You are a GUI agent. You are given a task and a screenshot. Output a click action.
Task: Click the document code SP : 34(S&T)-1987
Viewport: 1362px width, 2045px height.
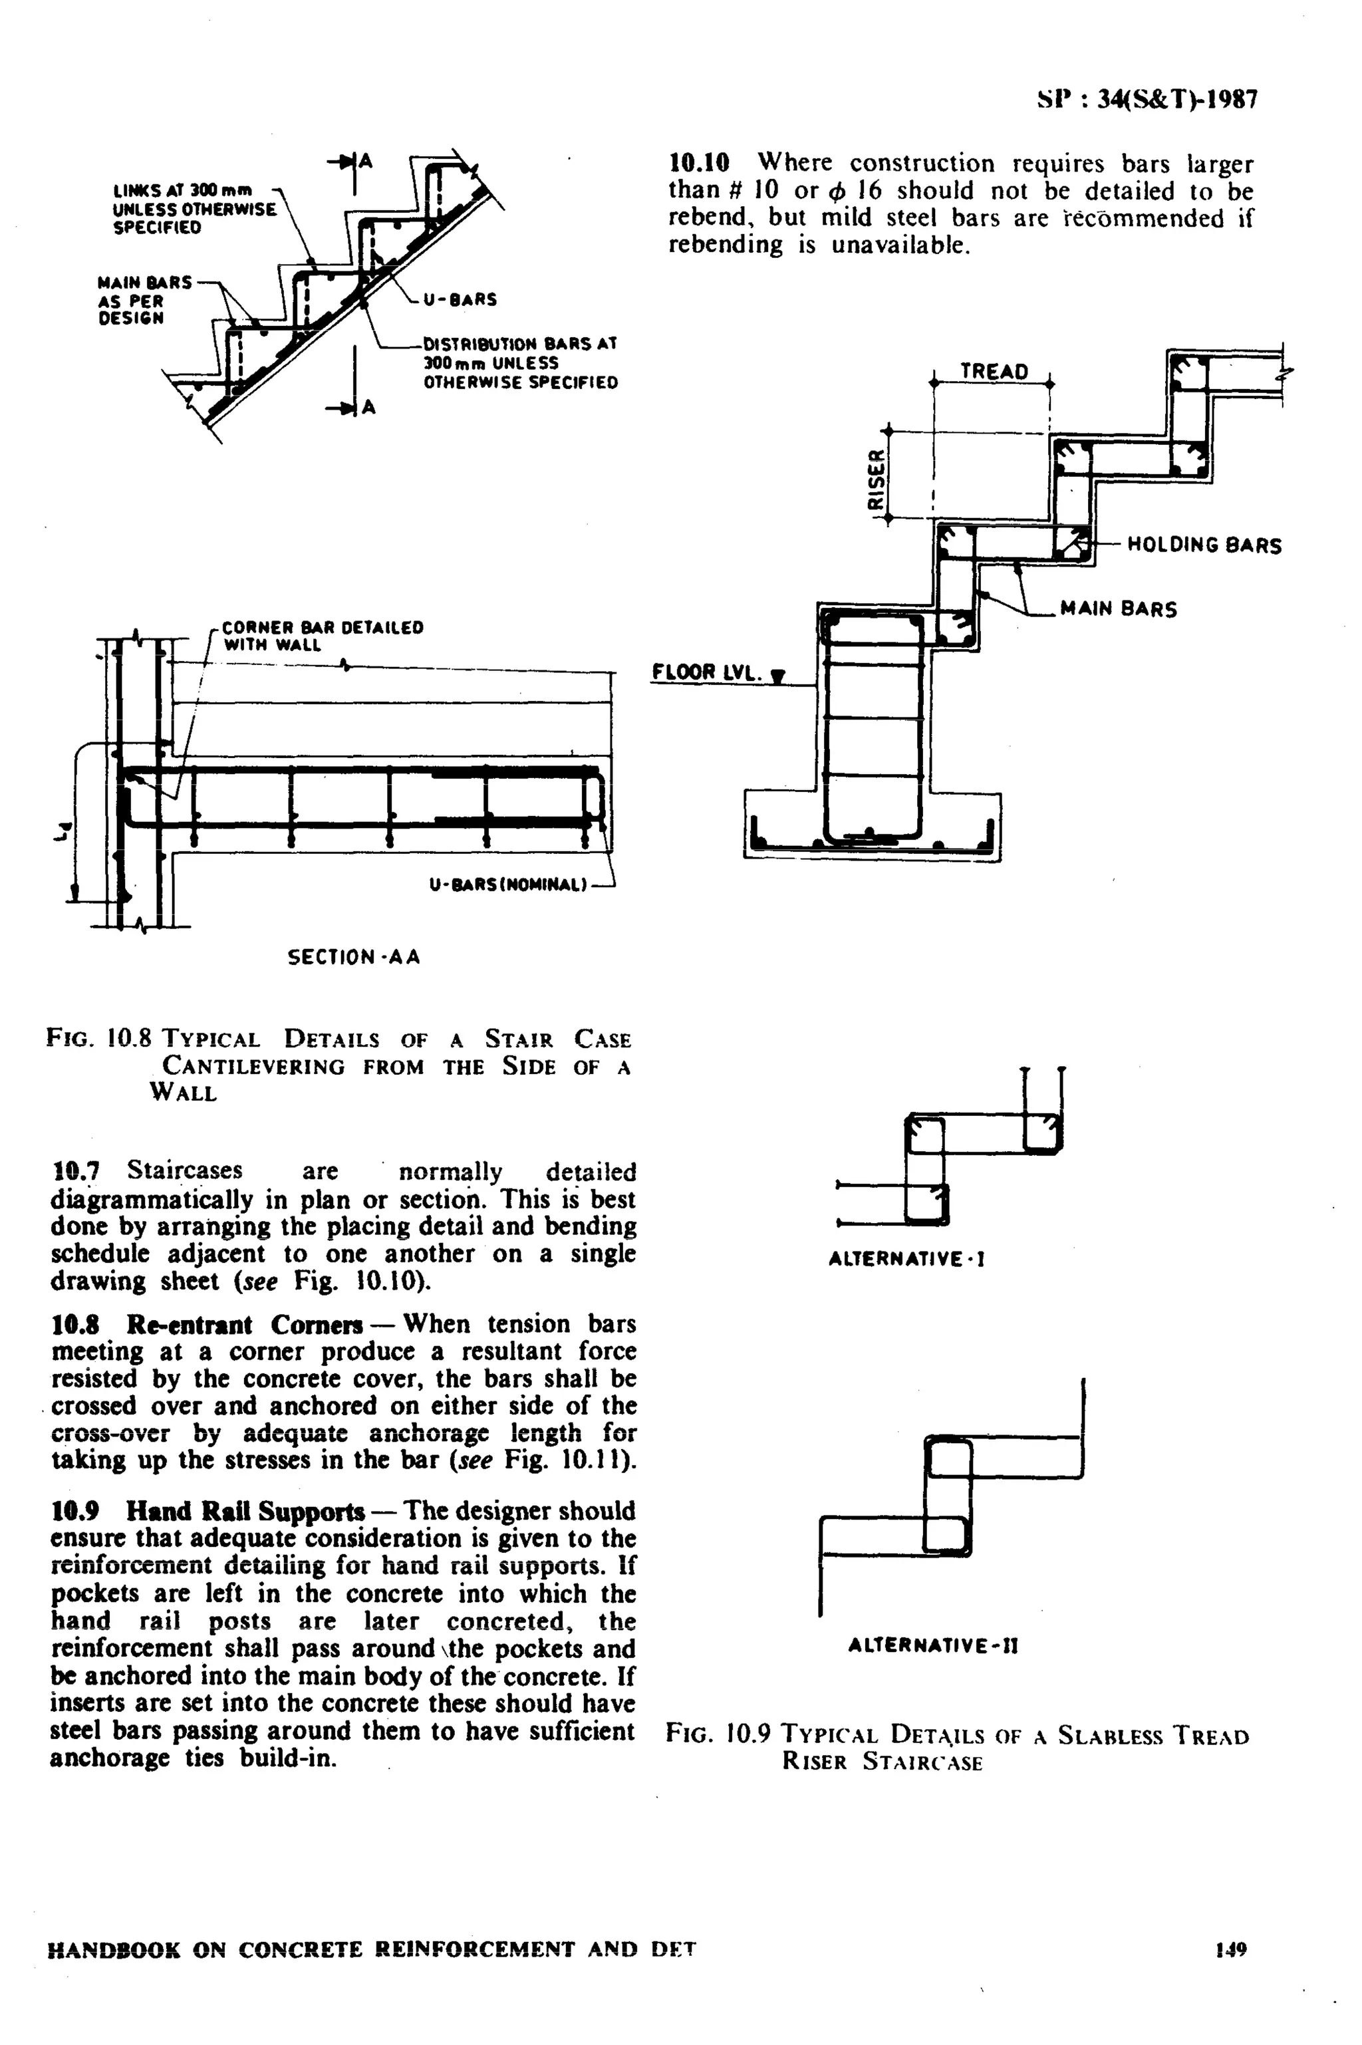point(1146,100)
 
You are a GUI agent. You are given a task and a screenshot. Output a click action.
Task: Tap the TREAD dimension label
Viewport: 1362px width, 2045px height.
point(993,372)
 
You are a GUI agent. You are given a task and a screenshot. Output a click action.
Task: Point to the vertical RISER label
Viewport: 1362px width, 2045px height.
point(877,478)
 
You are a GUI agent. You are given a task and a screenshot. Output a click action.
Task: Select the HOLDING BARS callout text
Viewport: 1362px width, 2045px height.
point(1204,545)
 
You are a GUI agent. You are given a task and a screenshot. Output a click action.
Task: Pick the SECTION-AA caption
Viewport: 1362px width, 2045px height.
point(354,957)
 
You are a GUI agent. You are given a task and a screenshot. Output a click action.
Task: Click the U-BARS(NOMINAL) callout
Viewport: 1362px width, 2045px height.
point(508,885)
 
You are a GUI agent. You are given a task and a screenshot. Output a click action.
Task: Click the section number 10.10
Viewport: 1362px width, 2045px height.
point(698,162)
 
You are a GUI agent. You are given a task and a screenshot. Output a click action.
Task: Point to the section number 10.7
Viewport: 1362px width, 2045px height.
point(74,1170)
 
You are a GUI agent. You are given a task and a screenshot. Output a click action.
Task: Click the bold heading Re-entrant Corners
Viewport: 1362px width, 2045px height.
point(244,1325)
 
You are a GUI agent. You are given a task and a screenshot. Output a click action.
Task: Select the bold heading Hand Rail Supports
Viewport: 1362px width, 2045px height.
point(246,1512)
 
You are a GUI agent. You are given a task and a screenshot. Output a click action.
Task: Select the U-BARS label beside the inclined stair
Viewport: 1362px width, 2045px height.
point(460,299)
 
